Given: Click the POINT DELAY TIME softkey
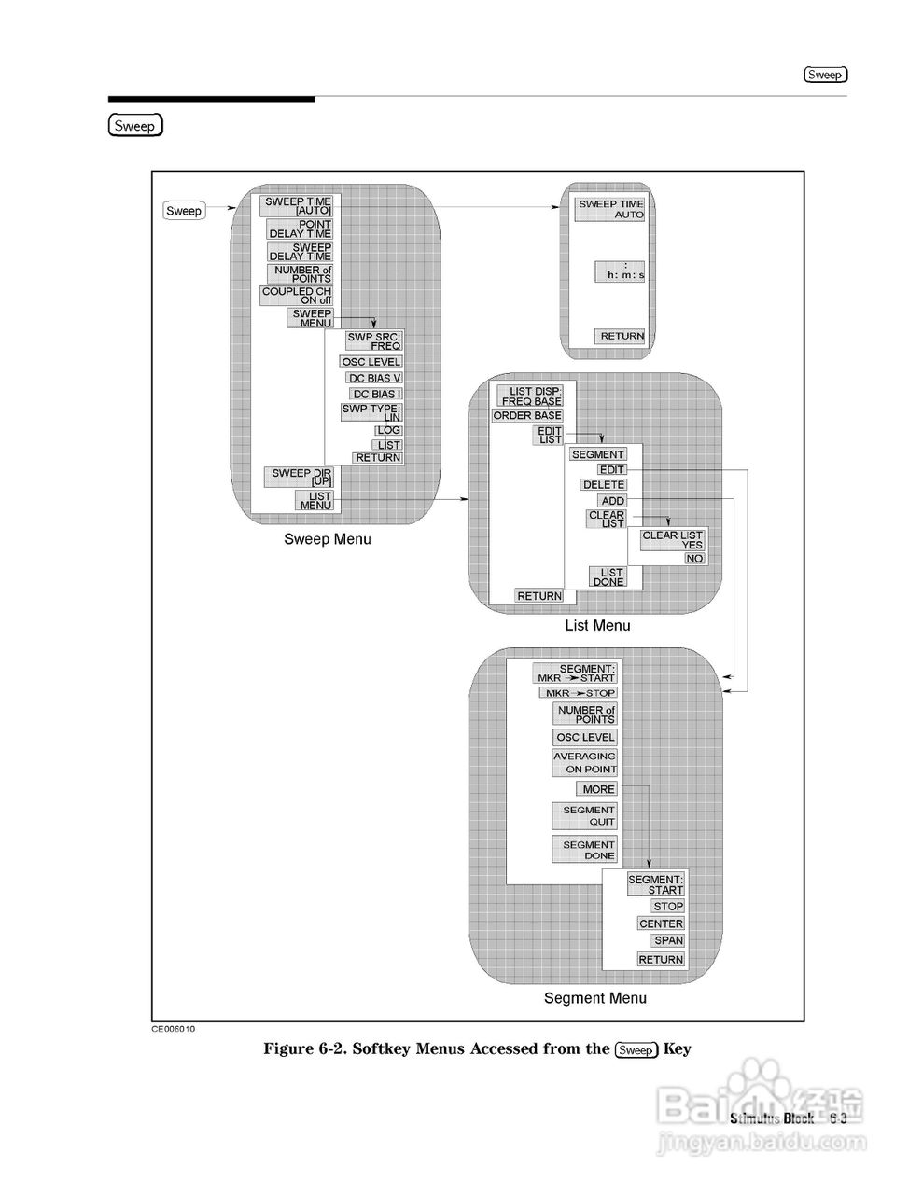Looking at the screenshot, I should point(300,229).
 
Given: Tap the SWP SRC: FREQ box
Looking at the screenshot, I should point(372,340).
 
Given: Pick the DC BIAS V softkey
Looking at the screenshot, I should point(373,378).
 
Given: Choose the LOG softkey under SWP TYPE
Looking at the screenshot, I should point(388,430).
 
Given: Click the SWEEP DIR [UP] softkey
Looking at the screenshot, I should point(301,477).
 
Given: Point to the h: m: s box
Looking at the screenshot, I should point(620,271).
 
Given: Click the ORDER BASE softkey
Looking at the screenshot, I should point(527,415).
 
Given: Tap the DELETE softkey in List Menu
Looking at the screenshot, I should point(604,485).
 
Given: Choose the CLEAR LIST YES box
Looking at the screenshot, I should point(672,539).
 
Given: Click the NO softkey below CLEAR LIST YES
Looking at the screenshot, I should point(694,559).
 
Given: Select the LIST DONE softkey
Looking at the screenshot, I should point(608,577).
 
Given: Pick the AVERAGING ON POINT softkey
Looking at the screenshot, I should point(585,762).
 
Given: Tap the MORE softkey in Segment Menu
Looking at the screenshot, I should point(597,789).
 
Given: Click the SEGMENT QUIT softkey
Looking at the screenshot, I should point(584,816).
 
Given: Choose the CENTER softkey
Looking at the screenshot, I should point(661,923).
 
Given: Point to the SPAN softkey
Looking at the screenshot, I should point(668,941).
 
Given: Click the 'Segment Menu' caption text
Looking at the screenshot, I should point(594,998).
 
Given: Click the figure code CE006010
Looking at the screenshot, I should point(174,1029).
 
